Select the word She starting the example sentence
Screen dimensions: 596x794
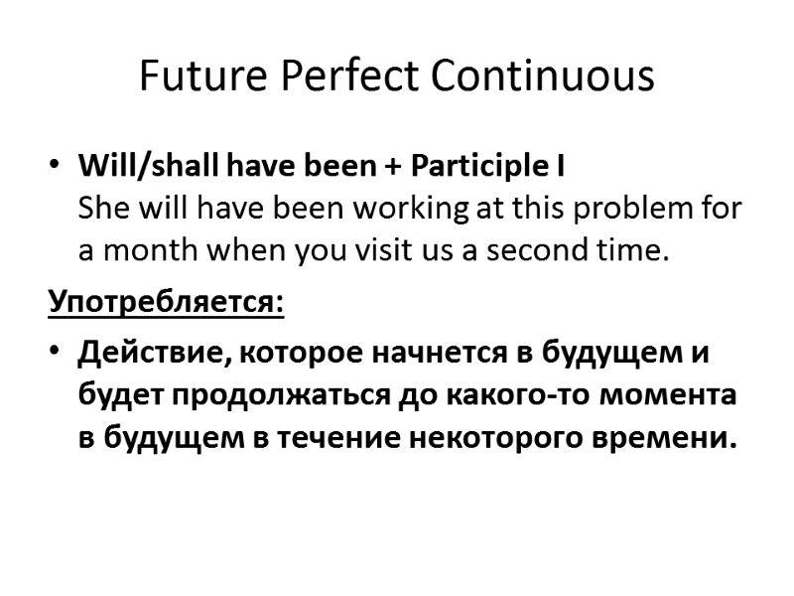99,210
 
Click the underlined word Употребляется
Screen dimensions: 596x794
166,301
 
